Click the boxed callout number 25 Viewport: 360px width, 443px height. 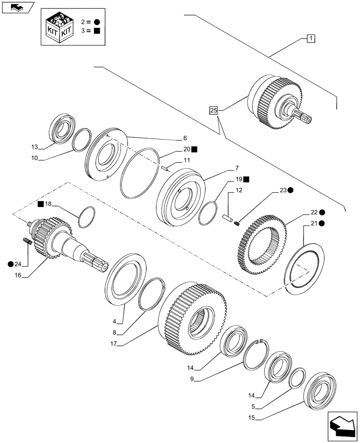click(214, 110)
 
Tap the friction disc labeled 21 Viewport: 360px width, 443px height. click(306, 264)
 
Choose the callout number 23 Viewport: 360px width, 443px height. click(283, 190)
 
